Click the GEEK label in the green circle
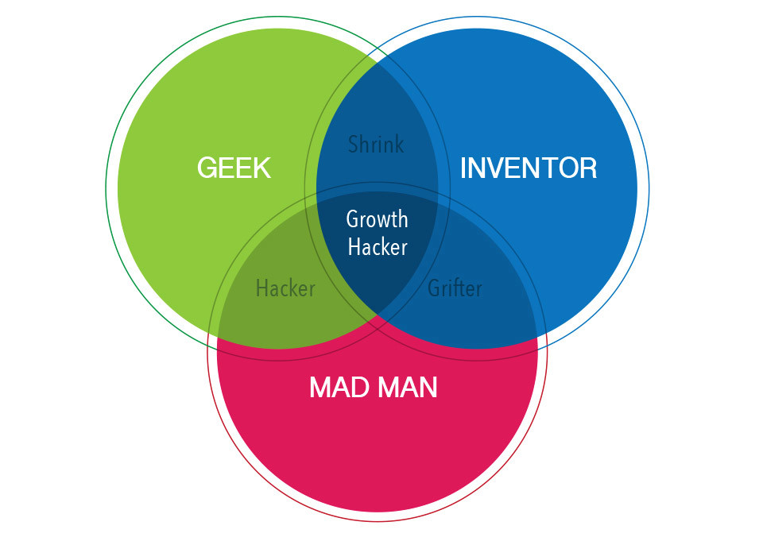click(x=234, y=168)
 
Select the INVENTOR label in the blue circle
click(x=529, y=168)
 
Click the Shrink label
click(x=376, y=145)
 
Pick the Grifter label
click(x=455, y=287)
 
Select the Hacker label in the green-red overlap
click(x=285, y=288)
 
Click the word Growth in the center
click(x=378, y=219)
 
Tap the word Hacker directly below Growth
click(x=378, y=247)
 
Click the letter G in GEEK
click(x=207, y=168)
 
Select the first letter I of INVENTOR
click(x=463, y=168)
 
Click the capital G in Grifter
click(x=434, y=287)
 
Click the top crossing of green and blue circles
click(x=377, y=57)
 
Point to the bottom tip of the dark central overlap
click(x=378, y=317)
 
